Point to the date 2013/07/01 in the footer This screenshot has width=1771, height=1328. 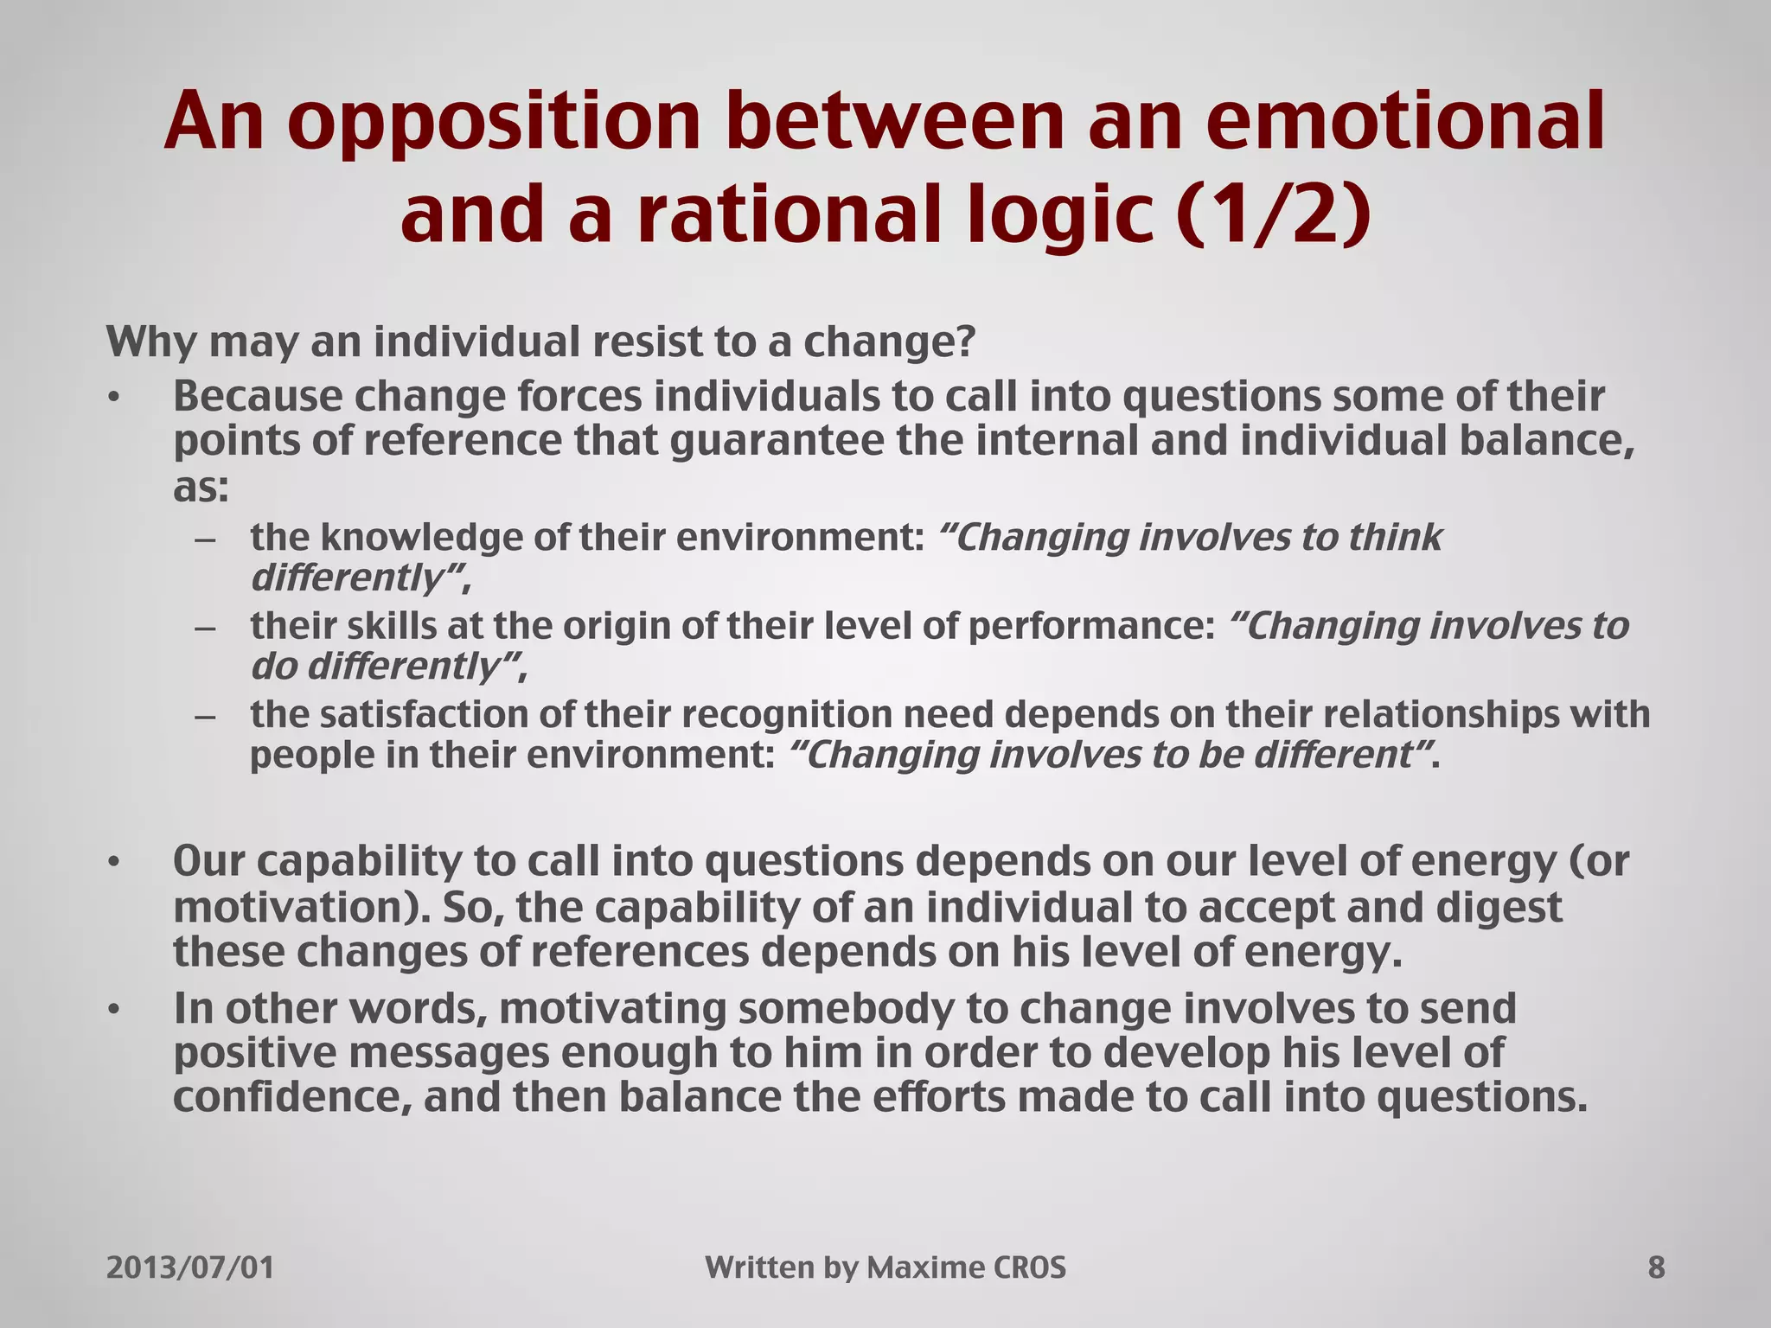point(190,1267)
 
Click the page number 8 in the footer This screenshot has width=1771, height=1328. point(1656,1267)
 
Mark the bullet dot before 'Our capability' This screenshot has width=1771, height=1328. point(112,863)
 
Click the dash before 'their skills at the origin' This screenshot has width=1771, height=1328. point(205,628)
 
